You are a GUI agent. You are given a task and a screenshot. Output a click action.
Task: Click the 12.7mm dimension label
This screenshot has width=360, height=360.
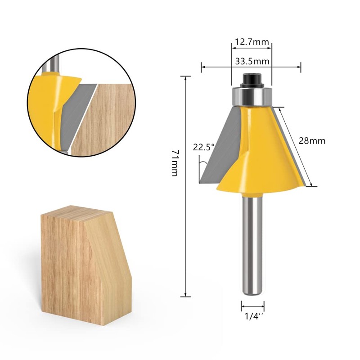click(251, 43)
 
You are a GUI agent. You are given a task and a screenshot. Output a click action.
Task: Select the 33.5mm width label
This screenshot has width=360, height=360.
click(251, 60)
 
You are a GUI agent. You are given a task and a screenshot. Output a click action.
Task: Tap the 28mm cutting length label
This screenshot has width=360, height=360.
click(312, 141)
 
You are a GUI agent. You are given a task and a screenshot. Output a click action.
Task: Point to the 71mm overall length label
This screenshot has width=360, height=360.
click(175, 163)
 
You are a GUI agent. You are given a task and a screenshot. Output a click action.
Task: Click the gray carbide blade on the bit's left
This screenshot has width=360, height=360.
click(220, 144)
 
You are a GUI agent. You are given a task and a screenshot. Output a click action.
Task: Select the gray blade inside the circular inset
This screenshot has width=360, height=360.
click(81, 112)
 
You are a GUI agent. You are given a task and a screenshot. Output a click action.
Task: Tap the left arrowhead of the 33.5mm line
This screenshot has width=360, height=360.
click(203, 67)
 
